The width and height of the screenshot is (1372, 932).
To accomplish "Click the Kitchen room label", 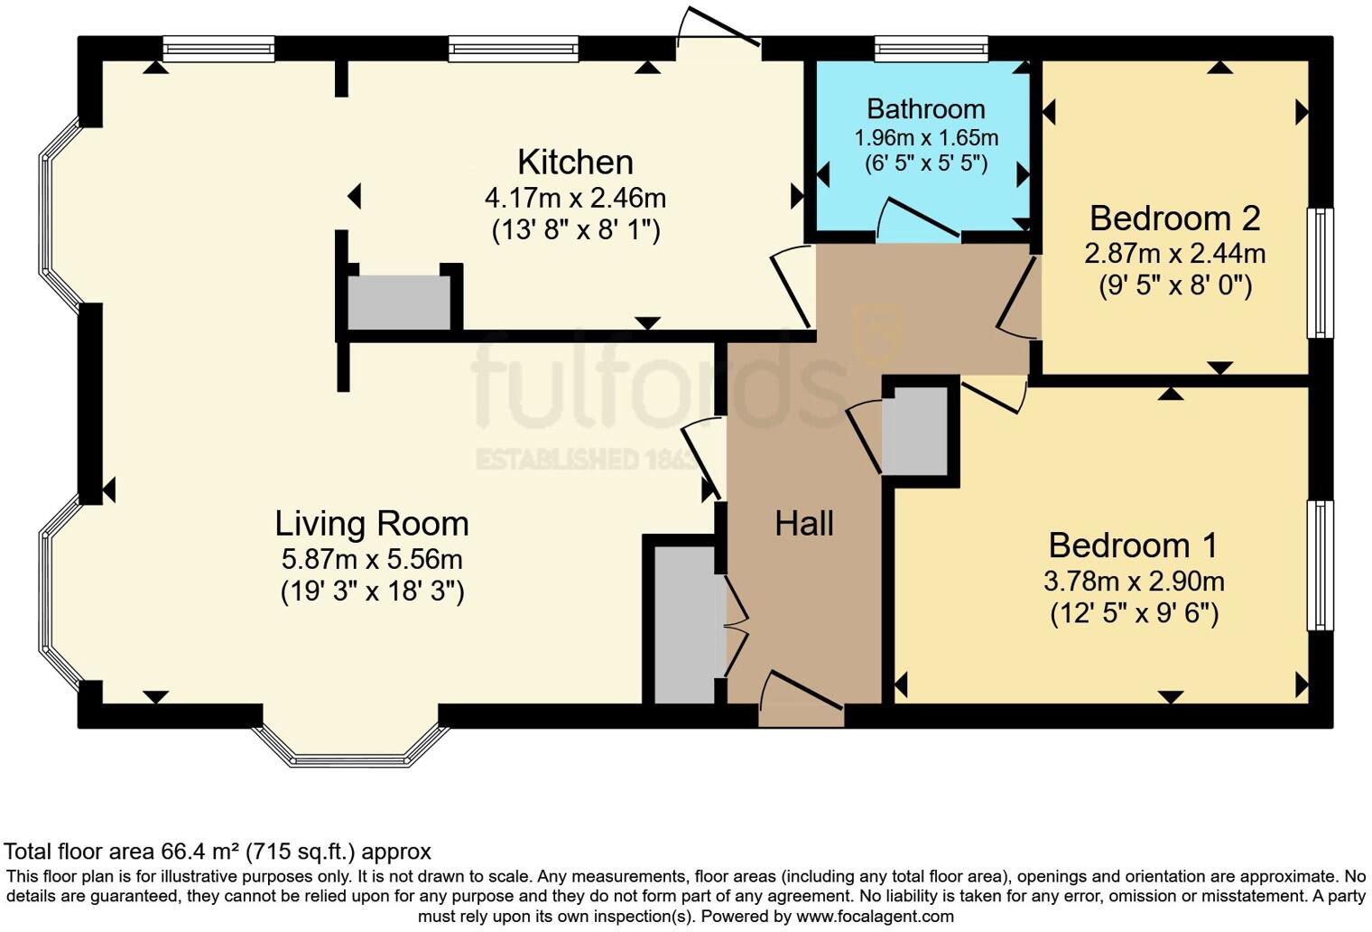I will click(x=575, y=163).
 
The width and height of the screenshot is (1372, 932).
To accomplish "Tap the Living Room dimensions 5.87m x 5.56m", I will click(x=372, y=558).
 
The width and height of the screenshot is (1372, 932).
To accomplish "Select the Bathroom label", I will click(x=925, y=109).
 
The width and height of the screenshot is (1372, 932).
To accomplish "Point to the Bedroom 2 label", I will click(x=1174, y=219).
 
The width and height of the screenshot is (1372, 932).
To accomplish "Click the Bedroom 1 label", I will click(x=1133, y=545).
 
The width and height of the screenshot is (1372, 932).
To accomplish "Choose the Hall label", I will click(x=803, y=524).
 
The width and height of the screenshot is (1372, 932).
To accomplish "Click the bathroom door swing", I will click(x=916, y=219).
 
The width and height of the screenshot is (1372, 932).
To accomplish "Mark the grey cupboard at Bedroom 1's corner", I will click(x=915, y=430).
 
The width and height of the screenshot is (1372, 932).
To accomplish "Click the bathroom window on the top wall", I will click(x=931, y=48).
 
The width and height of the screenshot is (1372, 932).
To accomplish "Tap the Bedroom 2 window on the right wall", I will click(x=1321, y=273).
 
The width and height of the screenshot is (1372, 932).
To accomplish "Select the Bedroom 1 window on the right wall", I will click(x=1321, y=565).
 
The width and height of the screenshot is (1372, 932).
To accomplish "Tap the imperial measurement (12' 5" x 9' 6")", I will click(x=1134, y=614).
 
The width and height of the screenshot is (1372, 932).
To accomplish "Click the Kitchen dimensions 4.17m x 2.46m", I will click(x=575, y=197).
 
